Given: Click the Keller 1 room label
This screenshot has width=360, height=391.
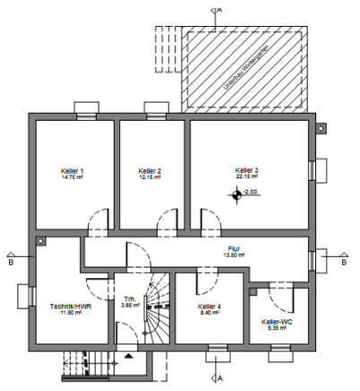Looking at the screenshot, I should pos(72,171).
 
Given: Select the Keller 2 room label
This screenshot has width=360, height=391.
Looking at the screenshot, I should pos(150,171).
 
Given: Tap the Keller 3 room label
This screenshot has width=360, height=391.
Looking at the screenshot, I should pos(247,170).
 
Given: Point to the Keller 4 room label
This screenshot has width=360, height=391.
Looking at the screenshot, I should pos(210,307).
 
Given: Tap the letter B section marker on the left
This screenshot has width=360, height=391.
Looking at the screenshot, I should pos(10,264).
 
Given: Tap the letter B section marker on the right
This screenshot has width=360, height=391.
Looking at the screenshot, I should pos(345,262).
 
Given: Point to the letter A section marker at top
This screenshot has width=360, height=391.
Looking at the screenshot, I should pos(220,9).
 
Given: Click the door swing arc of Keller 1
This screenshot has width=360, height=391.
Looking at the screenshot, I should pos(100,219).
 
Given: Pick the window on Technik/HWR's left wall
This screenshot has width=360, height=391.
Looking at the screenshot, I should pos(25,295).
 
